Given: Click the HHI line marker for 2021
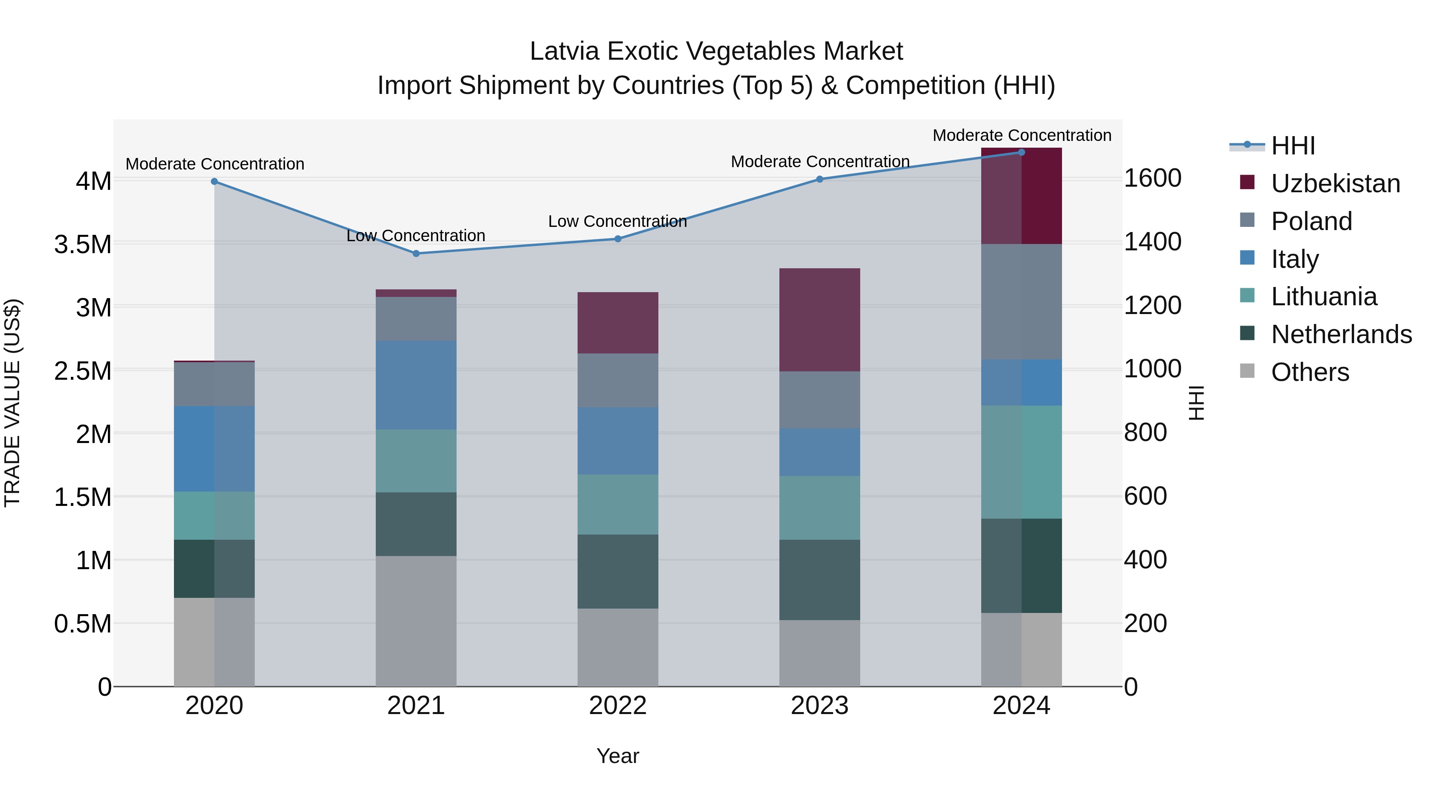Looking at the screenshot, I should point(416,254).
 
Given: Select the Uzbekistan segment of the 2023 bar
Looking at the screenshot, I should point(820,320).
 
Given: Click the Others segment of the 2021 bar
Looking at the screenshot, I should point(416,621).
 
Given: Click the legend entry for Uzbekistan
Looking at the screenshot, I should point(1335,183).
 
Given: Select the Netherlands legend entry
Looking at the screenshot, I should point(1341,334).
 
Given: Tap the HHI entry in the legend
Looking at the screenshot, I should point(1293,146).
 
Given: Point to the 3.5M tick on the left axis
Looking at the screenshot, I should point(83,244).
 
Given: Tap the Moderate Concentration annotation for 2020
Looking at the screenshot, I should point(215,164).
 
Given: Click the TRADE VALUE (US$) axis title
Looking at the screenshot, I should point(12,403).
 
